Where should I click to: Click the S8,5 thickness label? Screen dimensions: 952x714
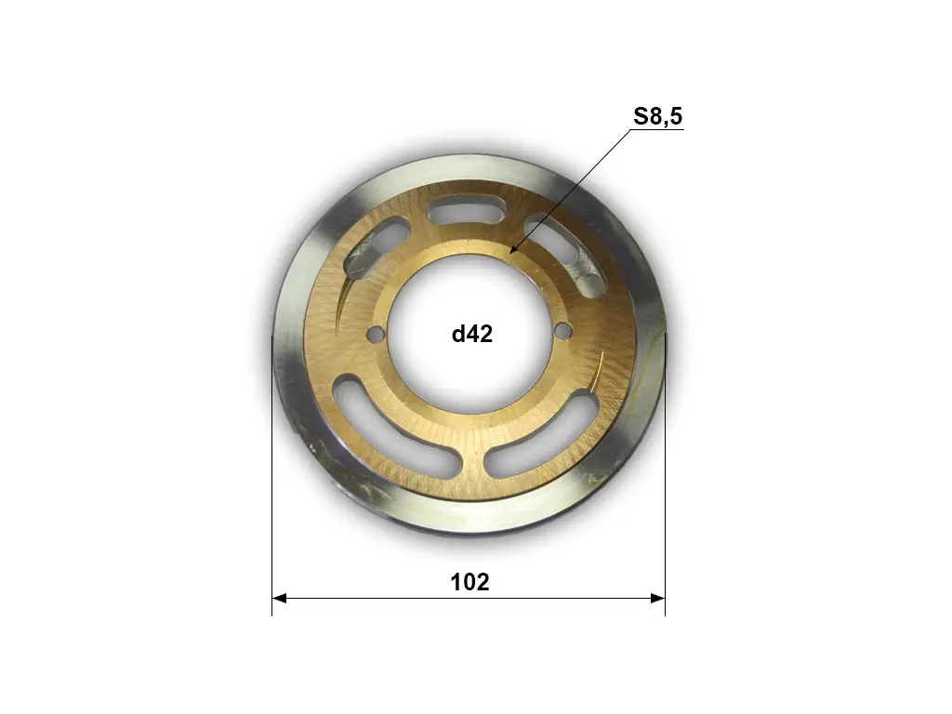coord(658,116)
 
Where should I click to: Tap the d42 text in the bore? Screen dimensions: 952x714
coord(472,334)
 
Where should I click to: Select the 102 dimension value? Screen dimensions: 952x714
coord(469,582)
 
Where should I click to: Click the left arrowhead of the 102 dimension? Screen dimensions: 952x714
coord(279,599)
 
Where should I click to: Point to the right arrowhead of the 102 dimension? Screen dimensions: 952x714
coord(657,599)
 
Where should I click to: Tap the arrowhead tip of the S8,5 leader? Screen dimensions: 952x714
coord(509,253)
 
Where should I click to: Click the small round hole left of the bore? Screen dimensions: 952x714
coord(377,334)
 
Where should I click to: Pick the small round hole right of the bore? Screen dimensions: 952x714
coord(564,331)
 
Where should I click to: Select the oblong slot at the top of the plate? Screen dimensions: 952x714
coord(467,212)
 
